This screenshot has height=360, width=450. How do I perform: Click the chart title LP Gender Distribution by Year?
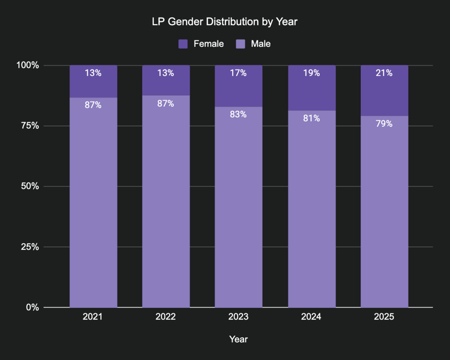(225, 22)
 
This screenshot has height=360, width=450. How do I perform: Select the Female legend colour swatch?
(183, 44)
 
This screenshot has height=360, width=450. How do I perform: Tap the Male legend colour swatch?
(240, 44)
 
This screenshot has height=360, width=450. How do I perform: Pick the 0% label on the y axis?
(31, 307)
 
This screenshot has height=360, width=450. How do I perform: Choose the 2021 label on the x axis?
(93, 317)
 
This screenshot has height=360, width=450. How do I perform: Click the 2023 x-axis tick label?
(238, 317)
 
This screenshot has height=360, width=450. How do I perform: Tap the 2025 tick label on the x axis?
(384, 317)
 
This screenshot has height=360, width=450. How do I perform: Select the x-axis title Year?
(238, 339)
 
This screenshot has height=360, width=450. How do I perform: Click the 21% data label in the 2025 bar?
(384, 73)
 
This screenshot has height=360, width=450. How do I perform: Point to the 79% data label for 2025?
(384, 124)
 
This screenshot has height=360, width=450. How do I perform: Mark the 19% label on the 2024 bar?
(311, 73)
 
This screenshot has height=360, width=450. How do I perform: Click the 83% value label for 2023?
(238, 114)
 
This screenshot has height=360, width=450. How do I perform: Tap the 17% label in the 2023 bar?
(238, 73)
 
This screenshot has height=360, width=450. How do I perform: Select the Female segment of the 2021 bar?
(93, 87)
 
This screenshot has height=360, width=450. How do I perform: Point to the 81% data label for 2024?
(311, 119)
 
